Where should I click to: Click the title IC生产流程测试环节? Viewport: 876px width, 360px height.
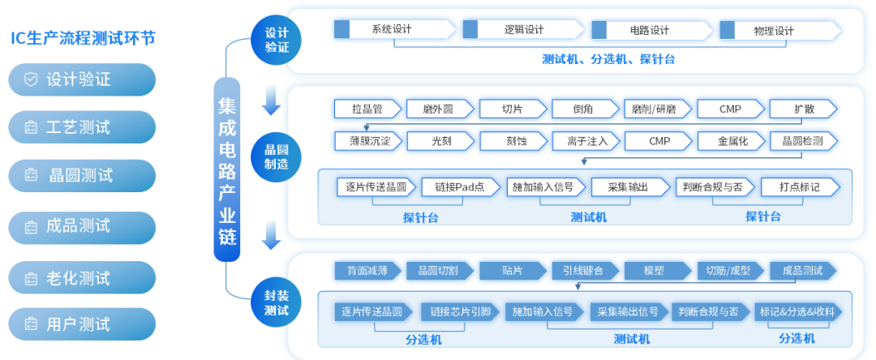point(82,38)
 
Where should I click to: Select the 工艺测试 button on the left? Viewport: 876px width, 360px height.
point(82,127)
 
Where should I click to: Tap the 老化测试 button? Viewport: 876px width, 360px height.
point(82,277)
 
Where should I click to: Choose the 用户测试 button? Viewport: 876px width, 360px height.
point(82,324)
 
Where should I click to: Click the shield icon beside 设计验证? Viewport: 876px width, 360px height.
point(31,79)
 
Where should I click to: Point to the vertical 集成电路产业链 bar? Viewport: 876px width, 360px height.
point(227,169)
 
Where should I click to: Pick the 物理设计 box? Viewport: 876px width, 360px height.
point(775,31)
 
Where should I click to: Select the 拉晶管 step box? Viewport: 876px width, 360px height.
point(367,109)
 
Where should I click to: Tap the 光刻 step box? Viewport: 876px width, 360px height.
point(440,141)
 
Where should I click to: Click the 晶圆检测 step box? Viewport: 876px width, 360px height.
point(802,141)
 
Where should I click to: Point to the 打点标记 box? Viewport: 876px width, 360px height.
point(800,186)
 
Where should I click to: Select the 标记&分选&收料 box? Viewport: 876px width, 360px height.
point(797,311)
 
